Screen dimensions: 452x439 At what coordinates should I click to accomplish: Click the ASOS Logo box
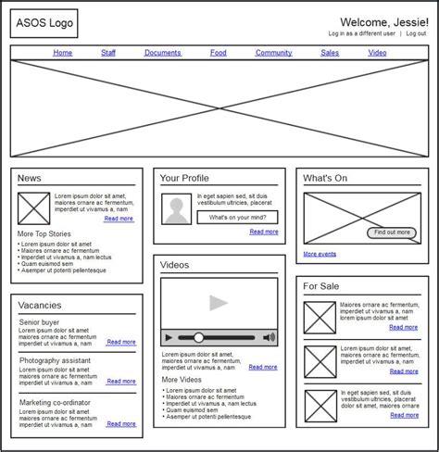coord(44,23)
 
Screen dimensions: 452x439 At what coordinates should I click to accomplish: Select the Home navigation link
coord(63,53)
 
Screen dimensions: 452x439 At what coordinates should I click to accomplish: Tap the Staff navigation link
coord(108,53)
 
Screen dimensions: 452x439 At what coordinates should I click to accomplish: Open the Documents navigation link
coord(163,53)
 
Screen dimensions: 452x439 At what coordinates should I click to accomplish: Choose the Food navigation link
coord(219,53)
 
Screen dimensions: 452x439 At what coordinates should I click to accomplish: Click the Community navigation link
coord(274,53)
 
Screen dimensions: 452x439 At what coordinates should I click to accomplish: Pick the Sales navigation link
coord(330,53)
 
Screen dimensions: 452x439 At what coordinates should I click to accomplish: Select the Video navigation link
coord(378,53)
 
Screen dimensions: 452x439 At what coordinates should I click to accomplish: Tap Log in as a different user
coord(362,33)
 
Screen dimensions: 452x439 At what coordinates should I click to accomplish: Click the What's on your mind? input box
coord(237,218)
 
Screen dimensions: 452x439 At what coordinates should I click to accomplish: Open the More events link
coord(320,254)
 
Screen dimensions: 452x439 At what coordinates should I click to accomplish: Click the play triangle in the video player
coord(219,303)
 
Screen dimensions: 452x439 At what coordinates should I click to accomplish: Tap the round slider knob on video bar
coord(199,338)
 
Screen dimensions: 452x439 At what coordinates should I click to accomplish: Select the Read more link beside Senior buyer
coord(121,342)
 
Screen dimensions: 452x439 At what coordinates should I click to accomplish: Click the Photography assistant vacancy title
coord(55,360)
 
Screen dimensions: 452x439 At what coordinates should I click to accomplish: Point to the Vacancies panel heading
coord(40,305)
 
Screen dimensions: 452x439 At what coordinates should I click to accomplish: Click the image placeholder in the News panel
coord(33,207)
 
